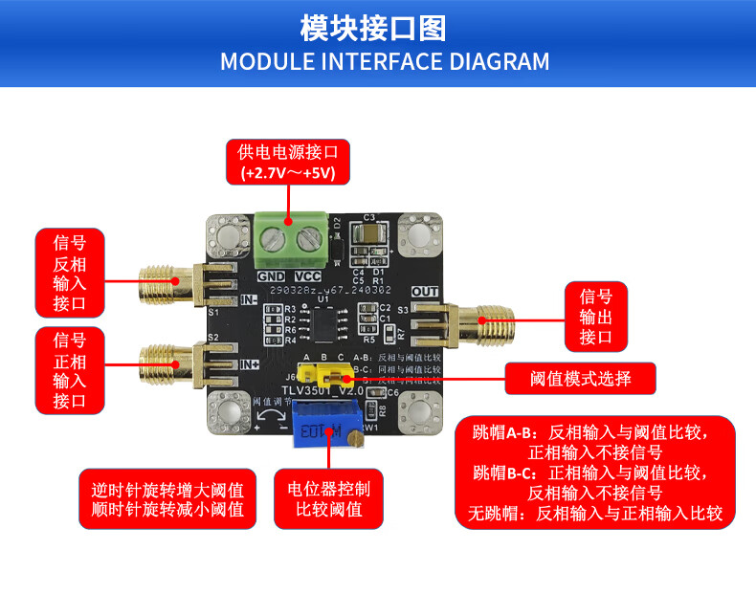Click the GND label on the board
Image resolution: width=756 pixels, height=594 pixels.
[x=269, y=276]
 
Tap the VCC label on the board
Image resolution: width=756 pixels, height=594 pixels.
[x=306, y=276]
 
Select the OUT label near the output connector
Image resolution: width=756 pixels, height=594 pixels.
[x=424, y=291]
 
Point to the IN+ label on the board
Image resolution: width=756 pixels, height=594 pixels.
[x=250, y=363]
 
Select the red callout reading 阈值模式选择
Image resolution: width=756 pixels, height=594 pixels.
[x=581, y=379]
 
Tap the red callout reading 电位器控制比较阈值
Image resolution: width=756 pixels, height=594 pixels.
[x=328, y=497]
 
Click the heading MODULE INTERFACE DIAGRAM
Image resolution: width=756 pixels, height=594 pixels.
[x=385, y=62]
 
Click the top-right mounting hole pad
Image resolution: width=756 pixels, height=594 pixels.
[x=420, y=235]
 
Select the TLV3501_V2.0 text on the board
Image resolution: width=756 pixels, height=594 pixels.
[x=322, y=390]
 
